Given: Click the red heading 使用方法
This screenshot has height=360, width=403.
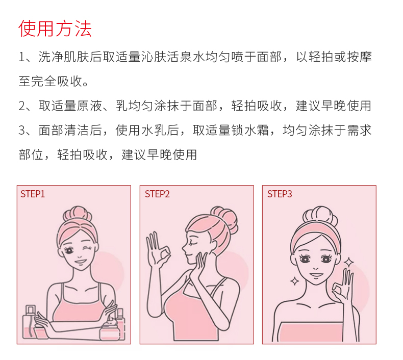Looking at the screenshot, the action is tap(55, 28).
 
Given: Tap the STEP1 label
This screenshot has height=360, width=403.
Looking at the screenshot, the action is tap(33, 194).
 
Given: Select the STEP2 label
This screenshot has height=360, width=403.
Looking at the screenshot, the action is tap(157, 194).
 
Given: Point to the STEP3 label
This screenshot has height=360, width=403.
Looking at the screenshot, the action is tap(280, 194).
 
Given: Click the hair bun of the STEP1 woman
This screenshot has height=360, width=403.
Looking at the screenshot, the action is tap(78, 215).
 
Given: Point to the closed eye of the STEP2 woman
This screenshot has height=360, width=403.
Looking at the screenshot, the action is tap(192, 242).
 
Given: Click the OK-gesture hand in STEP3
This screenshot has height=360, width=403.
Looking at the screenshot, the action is tap(342, 287).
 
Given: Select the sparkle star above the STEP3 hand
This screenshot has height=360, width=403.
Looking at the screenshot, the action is tap(349, 263).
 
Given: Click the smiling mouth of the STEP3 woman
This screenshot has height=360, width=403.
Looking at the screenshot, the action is tap(316, 274).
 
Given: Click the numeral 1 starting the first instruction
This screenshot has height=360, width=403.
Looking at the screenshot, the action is tap(21, 57).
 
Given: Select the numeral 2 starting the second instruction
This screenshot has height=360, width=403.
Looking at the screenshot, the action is tap(22, 106).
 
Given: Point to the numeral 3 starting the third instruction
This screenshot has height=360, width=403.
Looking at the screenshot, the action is tap(22, 130).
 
